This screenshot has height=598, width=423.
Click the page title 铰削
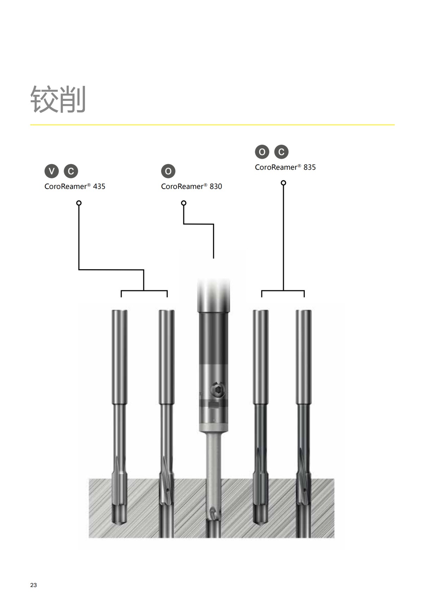(x=58, y=99)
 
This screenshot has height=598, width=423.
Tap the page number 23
(x=33, y=585)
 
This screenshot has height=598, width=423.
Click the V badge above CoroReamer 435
(x=51, y=171)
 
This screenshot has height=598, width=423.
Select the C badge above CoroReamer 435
(x=71, y=171)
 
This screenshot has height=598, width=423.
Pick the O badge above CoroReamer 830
(x=168, y=171)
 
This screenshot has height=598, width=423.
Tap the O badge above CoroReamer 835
(x=262, y=152)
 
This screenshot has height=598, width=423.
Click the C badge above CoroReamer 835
(x=281, y=152)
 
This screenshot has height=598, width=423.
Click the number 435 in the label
(x=99, y=186)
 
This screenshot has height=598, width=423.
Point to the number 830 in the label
(x=216, y=186)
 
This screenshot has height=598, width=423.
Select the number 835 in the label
(x=309, y=167)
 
